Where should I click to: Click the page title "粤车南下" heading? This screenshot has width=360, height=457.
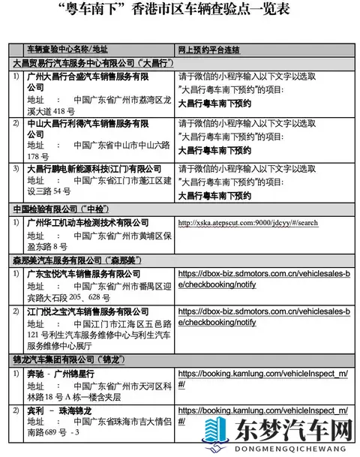(x=179, y=11)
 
